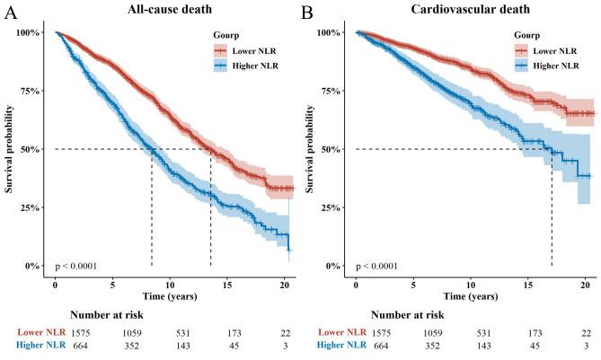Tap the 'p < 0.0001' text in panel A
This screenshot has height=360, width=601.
(81, 266)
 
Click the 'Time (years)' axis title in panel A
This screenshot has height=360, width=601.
(172, 295)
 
